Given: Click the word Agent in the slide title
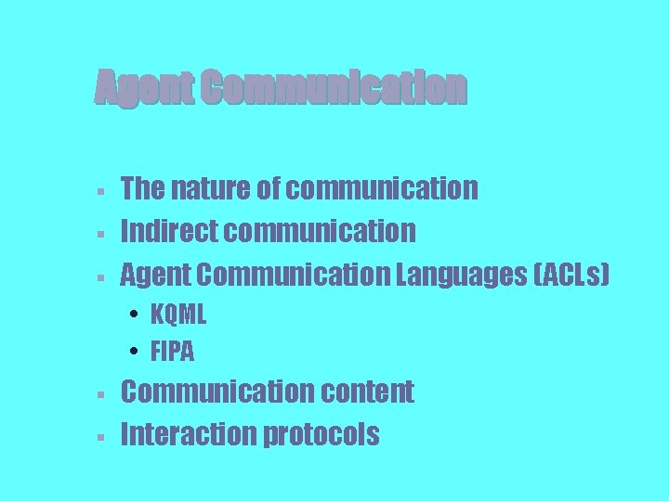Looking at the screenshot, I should coord(143,89).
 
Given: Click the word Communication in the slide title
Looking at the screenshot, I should coord(333,88).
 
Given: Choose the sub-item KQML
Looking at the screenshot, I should coord(178,315).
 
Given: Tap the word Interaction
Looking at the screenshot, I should coord(189,433).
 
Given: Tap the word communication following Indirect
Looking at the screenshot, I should coord(320,230).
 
